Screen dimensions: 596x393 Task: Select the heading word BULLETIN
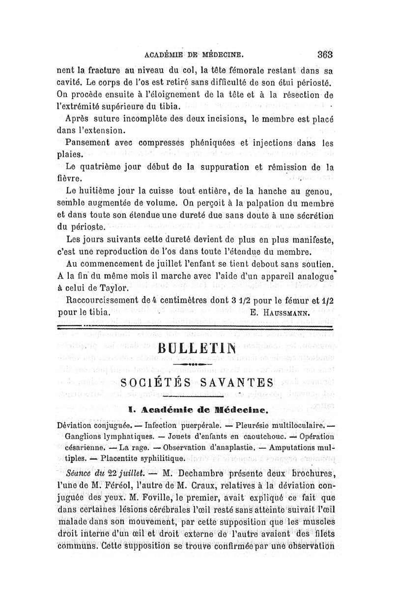(199, 350)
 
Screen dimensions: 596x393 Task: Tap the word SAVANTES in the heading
(237, 383)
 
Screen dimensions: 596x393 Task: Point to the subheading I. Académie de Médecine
(197, 409)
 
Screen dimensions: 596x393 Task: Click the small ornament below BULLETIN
(198, 365)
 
